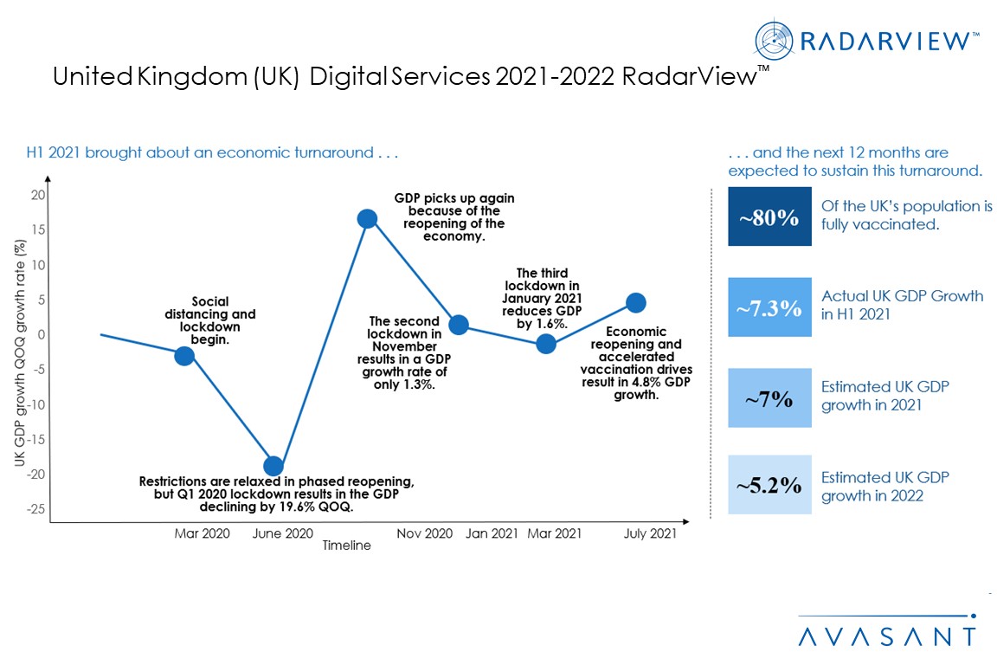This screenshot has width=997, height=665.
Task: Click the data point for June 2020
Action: pyautogui.click(x=273, y=466)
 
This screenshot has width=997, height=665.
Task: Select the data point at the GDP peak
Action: pyautogui.click(x=367, y=218)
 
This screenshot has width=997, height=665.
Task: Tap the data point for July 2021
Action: pyautogui.click(x=636, y=302)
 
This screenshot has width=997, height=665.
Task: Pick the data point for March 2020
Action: pyautogui.click(x=184, y=356)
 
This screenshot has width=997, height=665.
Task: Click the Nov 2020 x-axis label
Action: pyautogui.click(x=425, y=533)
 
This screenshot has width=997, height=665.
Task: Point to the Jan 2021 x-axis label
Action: pyautogui.click(x=492, y=533)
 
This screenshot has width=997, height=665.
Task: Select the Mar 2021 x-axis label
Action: pyautogui.click(x=555, y=533)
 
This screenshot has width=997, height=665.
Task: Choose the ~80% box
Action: pyautogui.click(x=769, y=216)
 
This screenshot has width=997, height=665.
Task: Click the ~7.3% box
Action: pyautogui.click(x=769, y=307)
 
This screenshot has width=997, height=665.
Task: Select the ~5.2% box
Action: pyautogui.click(x=769, y=485)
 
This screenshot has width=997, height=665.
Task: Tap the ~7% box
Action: pyautogui.click(x=769, y=397)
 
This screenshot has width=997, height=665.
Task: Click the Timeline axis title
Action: pyautogui.click(x=346, y=546)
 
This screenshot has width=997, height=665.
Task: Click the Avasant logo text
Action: pyautogui.click(x=886, y=636)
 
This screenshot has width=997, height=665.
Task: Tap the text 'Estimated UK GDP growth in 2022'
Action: pyautogui.click(x=884, y=486)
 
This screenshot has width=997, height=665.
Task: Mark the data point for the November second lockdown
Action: pyautogui.click(x=459, y=325)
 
